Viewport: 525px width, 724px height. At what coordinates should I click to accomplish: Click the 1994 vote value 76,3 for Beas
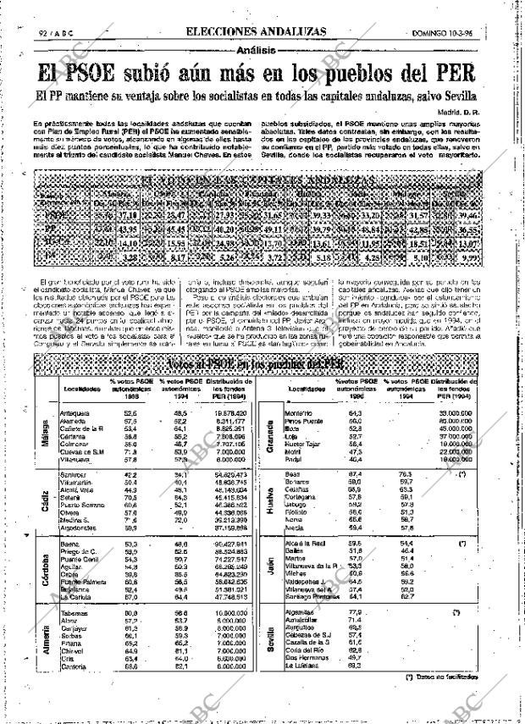pyautogui.click(x=406, y=474)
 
